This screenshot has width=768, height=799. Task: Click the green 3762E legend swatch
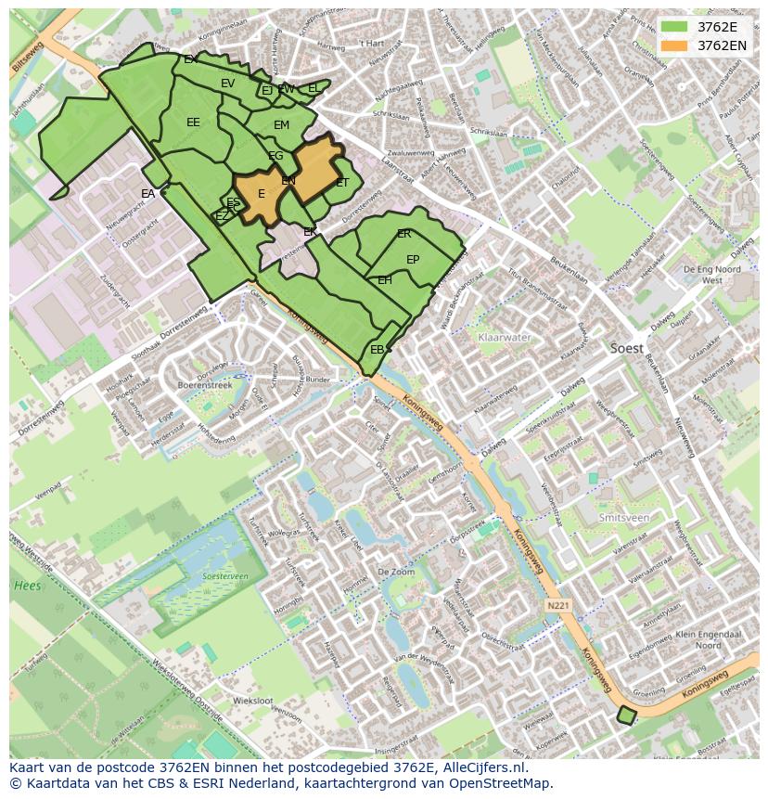[x=674, y=26]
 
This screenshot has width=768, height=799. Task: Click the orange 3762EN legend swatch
[x=674, y=45]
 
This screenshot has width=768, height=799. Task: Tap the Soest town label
[x=628, y=348]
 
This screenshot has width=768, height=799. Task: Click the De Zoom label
[x=396, y=573]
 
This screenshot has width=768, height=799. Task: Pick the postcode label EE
[x=193, y=122]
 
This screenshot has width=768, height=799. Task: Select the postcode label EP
[x=413, y=260]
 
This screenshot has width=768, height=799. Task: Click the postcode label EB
[x=377, y=350]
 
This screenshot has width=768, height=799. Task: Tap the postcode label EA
[x=148, y=194]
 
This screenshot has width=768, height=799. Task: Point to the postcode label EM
[x=282, y=125]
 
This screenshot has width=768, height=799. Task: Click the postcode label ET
[x=342, y=183]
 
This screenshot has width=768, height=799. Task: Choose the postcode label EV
[x=227, y=84]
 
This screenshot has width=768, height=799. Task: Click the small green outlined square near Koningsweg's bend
[x=627, y=715]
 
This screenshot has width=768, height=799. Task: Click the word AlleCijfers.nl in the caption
[x=481, y=768]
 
